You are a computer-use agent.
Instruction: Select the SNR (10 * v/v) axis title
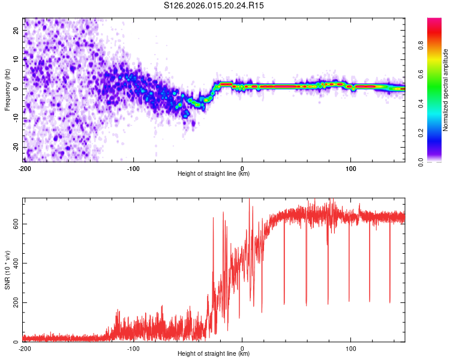(x=7, y=271)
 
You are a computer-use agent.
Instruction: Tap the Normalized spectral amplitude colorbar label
(x=446, y=91)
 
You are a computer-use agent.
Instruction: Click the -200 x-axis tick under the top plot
(x=25, y=168)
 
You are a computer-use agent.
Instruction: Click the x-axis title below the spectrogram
(x=214, y=174)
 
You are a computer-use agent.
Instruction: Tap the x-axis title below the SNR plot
(x=214, y=354)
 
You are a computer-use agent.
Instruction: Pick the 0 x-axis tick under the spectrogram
(x=242, y=168)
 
